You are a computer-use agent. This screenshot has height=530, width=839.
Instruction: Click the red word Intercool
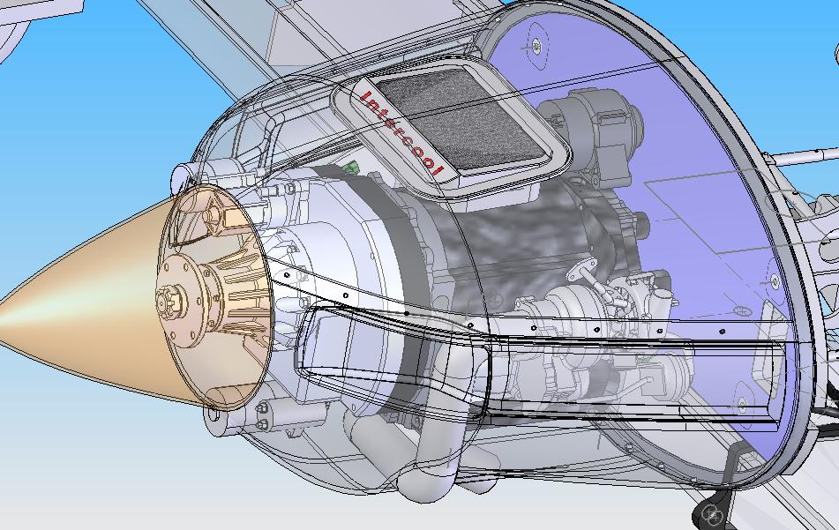[x=401, y=133]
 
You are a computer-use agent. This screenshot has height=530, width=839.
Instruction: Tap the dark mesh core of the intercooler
[x=461, y=119]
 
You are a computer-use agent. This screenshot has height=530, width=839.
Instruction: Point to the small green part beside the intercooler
[x=350, y=168]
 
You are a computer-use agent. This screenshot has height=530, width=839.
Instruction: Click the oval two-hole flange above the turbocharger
[x=583, y=269]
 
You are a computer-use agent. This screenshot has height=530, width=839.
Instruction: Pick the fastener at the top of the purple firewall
[x=536, y=47]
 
